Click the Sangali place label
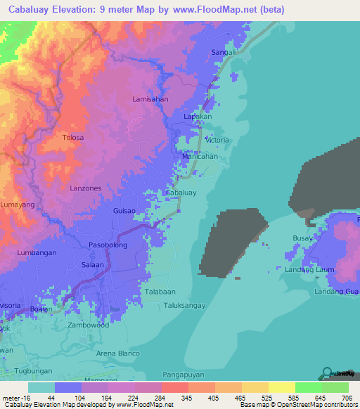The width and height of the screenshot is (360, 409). (223, 53)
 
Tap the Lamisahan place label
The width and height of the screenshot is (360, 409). (150, 100)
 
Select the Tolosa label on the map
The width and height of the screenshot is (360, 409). (72, 137)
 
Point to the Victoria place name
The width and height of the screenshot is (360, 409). (217, 141)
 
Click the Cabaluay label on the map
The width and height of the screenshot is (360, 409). (181, 192)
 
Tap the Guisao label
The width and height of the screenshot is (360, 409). (124, 210)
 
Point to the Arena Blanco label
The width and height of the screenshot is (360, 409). (118, 353)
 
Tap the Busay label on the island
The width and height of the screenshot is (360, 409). (302, 239)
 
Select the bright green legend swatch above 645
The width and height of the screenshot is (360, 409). (308, 387)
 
